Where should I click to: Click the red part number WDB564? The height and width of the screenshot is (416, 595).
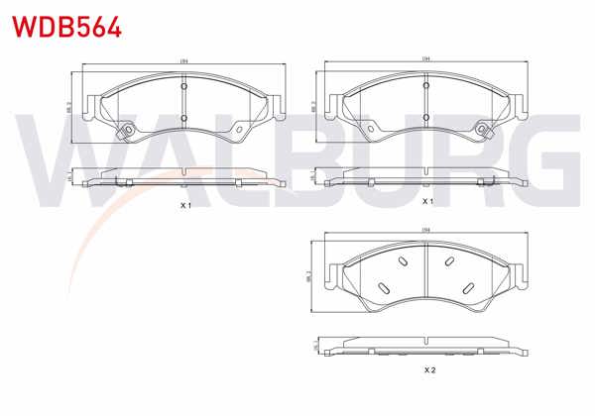coord(66,24)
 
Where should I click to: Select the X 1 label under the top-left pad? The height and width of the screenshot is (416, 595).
coord(184,205)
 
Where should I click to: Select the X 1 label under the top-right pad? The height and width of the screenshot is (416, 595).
coord(428,201)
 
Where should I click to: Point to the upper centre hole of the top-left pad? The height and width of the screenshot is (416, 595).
coord(184,87)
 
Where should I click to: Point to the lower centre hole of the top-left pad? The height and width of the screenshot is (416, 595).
coord(184,119)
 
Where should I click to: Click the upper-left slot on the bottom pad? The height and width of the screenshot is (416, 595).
coord(403,261)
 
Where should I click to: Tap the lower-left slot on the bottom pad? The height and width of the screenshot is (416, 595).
coord(381,287)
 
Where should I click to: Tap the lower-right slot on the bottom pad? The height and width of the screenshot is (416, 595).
coord(470,287)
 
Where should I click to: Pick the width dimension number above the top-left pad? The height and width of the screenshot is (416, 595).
coord(184,63)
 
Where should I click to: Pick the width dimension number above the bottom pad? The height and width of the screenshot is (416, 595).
coord(426,232)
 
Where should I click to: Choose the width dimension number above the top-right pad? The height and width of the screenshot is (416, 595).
coord(426,61)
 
